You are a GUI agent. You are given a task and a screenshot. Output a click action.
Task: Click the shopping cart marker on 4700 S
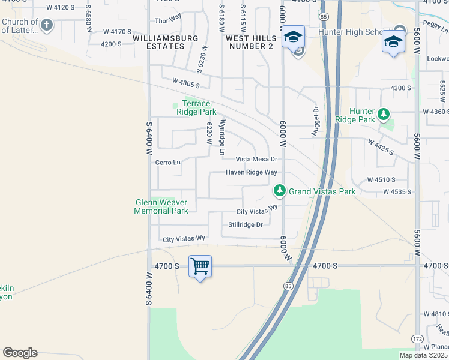tap(200, 265)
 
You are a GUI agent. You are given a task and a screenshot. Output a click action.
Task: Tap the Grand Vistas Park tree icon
tap(279, 191)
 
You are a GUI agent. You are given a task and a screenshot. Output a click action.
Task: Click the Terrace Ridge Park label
tap(196, 107)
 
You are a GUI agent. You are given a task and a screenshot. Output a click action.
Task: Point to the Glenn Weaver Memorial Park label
tap(161, 206)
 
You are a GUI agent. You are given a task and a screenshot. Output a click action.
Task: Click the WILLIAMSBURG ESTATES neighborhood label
tap(158, 42)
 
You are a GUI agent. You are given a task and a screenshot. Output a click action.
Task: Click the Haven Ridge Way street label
tap(251, 172)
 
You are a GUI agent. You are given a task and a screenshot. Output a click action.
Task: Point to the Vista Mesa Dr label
tap(256, 159)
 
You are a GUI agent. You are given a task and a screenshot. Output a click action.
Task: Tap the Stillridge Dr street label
tap(246, 224)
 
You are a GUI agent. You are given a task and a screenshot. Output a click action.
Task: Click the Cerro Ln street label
tap(168, 162)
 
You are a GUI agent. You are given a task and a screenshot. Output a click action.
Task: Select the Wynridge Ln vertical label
tap(221, 138)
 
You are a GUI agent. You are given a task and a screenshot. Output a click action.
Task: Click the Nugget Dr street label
tap(315, 122)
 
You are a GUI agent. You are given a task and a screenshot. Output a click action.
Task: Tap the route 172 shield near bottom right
tap(417, 340)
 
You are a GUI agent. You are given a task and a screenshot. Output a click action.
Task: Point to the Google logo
tap(20, 353)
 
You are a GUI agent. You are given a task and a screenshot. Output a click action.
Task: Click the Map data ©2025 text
tap(423, 355)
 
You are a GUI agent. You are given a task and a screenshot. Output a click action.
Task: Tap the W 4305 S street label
tap(185, 83)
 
